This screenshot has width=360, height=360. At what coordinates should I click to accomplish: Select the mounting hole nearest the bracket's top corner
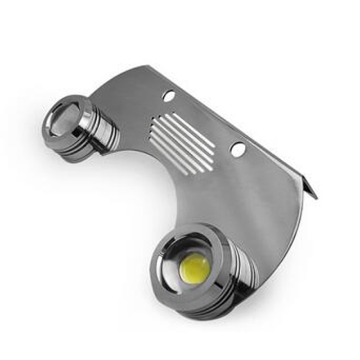[168, 96]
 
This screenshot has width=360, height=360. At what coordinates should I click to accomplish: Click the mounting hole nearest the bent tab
[238, 150]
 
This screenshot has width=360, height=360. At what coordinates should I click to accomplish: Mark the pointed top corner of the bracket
[147, 67]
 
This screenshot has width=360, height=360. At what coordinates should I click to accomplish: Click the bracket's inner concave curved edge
[169, 186]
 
